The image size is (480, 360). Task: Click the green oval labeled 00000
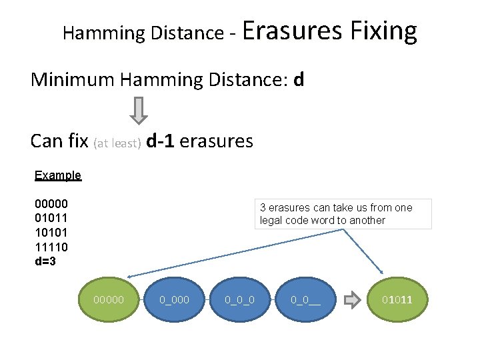coord(111,300)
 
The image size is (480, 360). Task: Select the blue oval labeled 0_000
coord(175,300)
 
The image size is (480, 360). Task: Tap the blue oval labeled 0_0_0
coord(240,300)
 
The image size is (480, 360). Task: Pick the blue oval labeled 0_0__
coord(305,300)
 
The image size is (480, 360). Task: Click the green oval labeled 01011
coord(397,300)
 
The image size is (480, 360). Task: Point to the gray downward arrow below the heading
coord(138,111)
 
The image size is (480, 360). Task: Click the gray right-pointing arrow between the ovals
coord(351,300)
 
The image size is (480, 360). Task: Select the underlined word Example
coord(58,175)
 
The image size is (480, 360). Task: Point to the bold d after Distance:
coord(299,80)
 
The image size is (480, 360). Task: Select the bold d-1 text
coord(161,141)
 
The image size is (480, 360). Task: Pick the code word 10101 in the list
coord(51,233)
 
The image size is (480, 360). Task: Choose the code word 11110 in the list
coord(51,247)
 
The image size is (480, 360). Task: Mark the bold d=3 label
coord(45,261)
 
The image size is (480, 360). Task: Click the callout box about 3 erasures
coord(343,214)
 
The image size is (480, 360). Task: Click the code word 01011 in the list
coord(51,218)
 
